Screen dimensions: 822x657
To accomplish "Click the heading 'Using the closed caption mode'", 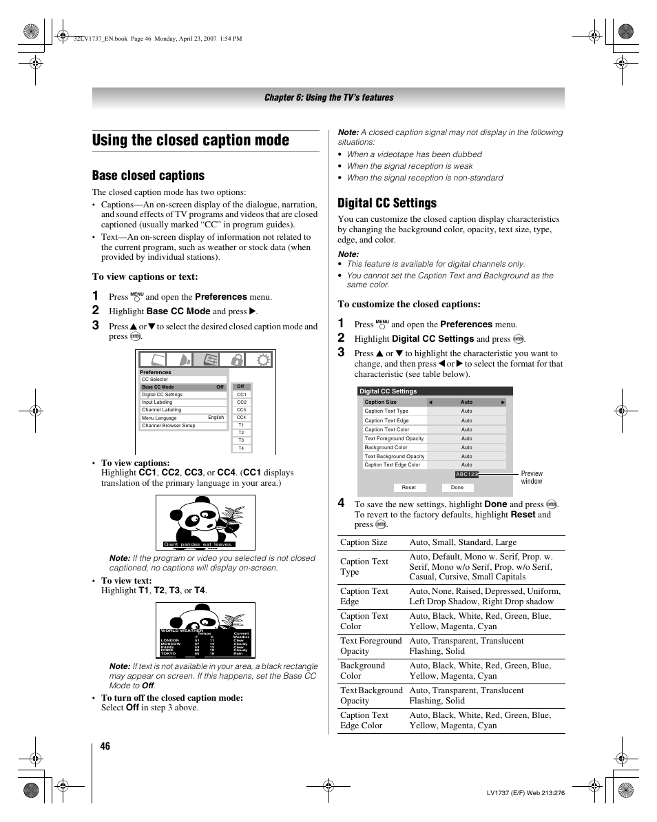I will click(x=191, y=140).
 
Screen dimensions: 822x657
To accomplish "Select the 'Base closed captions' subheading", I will click(x=148, y=176).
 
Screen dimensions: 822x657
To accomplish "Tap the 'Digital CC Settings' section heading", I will click(x=387, y=203).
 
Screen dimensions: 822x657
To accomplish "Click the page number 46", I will click(x=104, y=746).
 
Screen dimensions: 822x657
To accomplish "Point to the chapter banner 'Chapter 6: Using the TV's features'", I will click(x=328, y=98).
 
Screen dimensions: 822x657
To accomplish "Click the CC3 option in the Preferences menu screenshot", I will click(x=241, y=410).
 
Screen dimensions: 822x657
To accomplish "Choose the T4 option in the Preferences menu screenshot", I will click(x=241, y=449).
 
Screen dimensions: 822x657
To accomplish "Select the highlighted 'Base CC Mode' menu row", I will click(x=182, y=387).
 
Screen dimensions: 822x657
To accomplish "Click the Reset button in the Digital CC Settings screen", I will click(x=409, y=487).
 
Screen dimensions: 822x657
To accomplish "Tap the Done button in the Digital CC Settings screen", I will click(x=457, y=487).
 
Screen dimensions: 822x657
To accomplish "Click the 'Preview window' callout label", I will click(x=532, y=477).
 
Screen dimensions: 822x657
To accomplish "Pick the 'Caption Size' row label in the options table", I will click(x=364, y=542).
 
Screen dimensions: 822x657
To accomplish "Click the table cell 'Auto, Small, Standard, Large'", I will click(x=463, y=542).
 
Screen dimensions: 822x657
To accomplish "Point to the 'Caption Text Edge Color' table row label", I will click(x=364, y=720).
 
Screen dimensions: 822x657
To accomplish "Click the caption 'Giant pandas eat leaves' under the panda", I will click(x=198, y=544).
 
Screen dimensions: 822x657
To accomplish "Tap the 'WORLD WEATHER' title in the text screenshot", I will click(x=182, y=630).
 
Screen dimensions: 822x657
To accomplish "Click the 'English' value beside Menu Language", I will click(x=216, y=418).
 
